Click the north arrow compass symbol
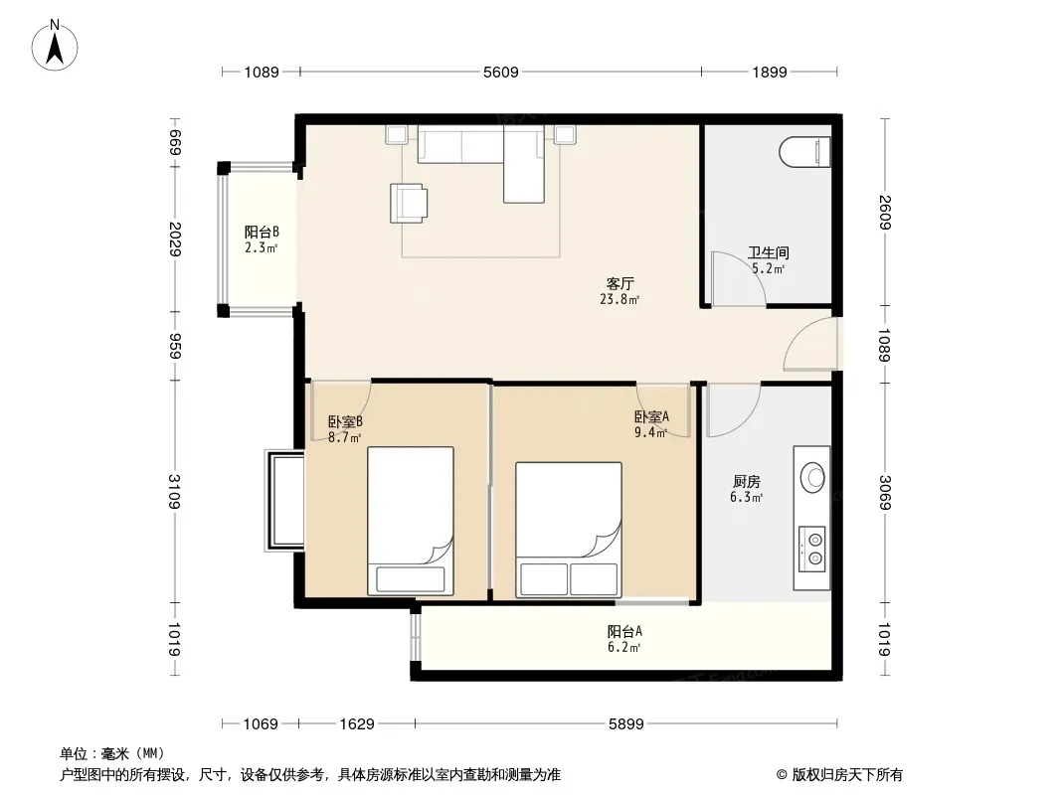[54, 45]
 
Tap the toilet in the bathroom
[804, 153]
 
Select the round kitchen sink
[812, 477]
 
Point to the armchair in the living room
[409, 203]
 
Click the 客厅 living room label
[619, 283]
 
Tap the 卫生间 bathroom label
[768, 252]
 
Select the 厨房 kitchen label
[747, 482]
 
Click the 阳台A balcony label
[623, 632]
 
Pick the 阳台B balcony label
[262, 232]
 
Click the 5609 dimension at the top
[500, 72]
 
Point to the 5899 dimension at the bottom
[626, 724]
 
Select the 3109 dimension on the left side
[174, 492]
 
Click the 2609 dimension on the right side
[885, 212]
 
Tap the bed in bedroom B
[411, 521]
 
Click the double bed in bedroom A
[569, 530]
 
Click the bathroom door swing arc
[751, 264]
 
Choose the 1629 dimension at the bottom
[357, 724]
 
